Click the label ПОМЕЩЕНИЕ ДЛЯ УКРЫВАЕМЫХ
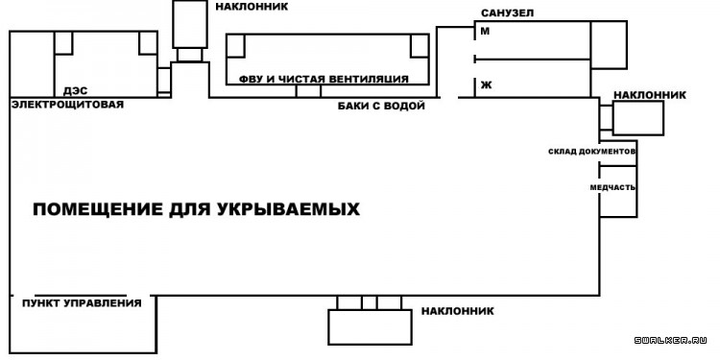197,209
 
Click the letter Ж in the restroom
485,85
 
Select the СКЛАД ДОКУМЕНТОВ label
592,152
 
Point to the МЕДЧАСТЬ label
612,187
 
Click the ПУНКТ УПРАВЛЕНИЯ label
82,303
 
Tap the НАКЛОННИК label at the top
252,7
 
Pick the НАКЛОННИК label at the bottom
457,311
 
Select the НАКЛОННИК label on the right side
649,95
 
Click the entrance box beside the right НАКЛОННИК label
638,118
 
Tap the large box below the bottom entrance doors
369,327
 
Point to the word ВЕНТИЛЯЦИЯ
369,79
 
